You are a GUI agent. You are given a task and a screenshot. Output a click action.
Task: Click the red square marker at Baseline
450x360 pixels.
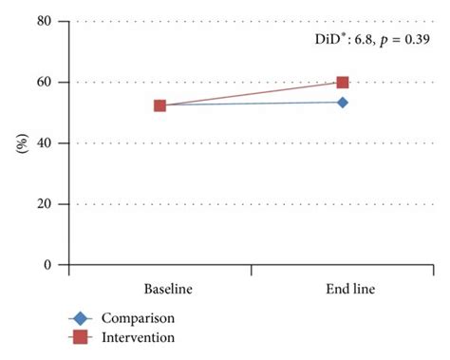(x=159, y=105)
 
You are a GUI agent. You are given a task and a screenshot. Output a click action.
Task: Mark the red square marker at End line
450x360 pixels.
(x=342, y=83)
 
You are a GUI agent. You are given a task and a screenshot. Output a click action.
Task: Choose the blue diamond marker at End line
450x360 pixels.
(x=342, y=102)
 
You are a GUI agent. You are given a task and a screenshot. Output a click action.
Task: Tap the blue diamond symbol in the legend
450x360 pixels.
(x=83, y=318)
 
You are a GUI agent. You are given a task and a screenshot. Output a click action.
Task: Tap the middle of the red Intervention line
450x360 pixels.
(x=251, y=94)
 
